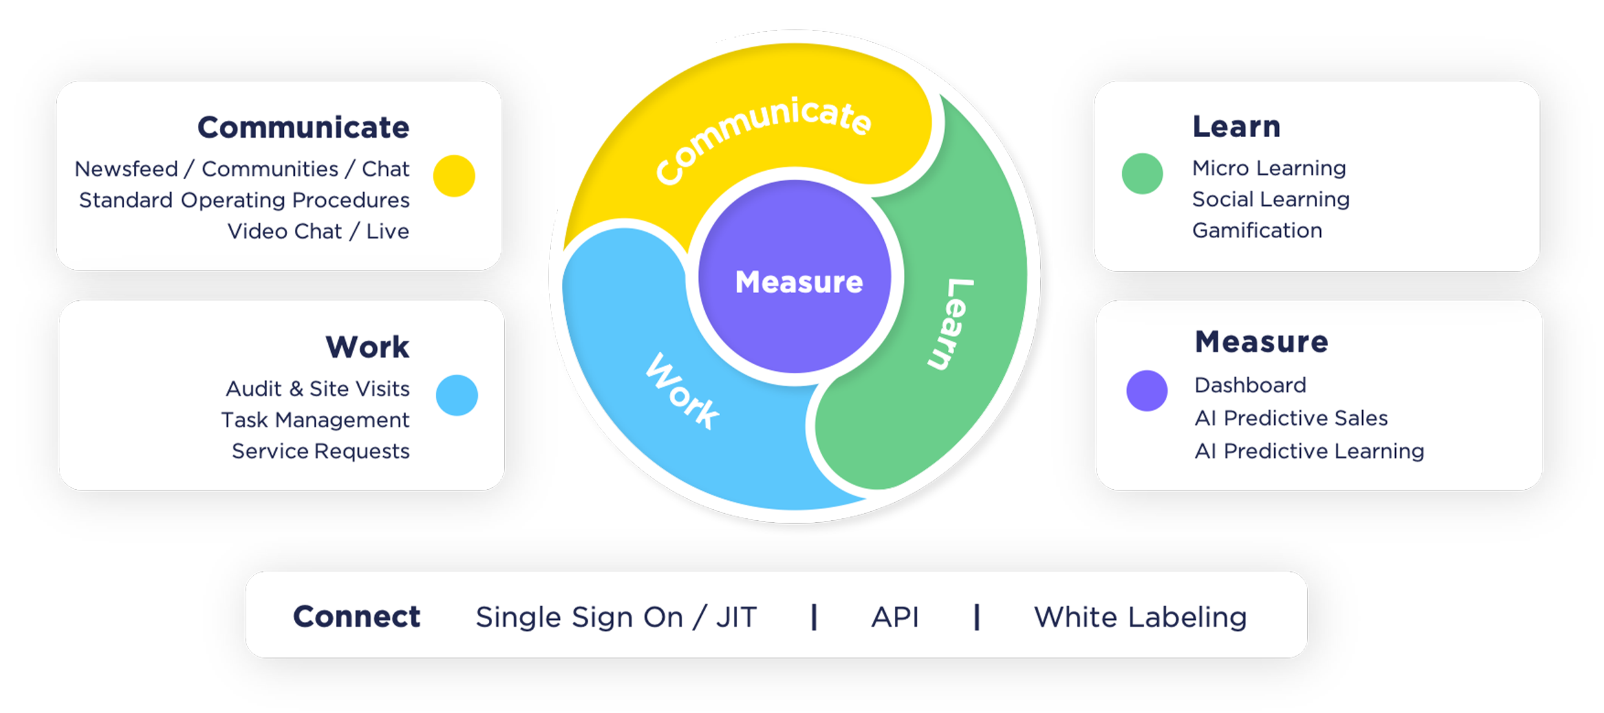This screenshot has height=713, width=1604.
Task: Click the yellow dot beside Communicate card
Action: [x=454, y=176]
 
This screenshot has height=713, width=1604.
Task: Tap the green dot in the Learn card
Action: [x=1142, y=173]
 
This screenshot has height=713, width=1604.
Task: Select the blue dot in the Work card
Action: [x=456, y=395]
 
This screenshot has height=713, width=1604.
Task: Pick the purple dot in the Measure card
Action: [x=1147, y=391]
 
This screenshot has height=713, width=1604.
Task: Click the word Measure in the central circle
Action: [x=799, y=282]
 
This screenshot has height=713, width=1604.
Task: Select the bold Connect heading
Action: [x=357, y=617]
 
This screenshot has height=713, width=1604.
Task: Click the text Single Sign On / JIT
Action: [x=616, y=617]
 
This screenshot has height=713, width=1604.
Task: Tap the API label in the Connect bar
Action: [x=895, y=617]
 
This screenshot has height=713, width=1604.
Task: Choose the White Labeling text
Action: [x=1140, y=617]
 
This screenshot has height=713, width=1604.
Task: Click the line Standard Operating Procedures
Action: [x=244, y=201]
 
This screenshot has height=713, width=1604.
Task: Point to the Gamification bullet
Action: [x=1257, y=230]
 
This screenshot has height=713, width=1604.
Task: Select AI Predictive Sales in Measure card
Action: [x=1291, y=418]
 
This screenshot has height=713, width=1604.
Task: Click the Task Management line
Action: [x=315, y=420]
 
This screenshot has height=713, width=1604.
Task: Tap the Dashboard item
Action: [x=1250, y=385]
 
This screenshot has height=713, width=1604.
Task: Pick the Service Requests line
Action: [x=321, y=451]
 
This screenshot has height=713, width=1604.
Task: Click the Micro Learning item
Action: [x=1269, y=168]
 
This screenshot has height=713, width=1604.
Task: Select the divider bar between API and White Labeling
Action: [x=977, y=617]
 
